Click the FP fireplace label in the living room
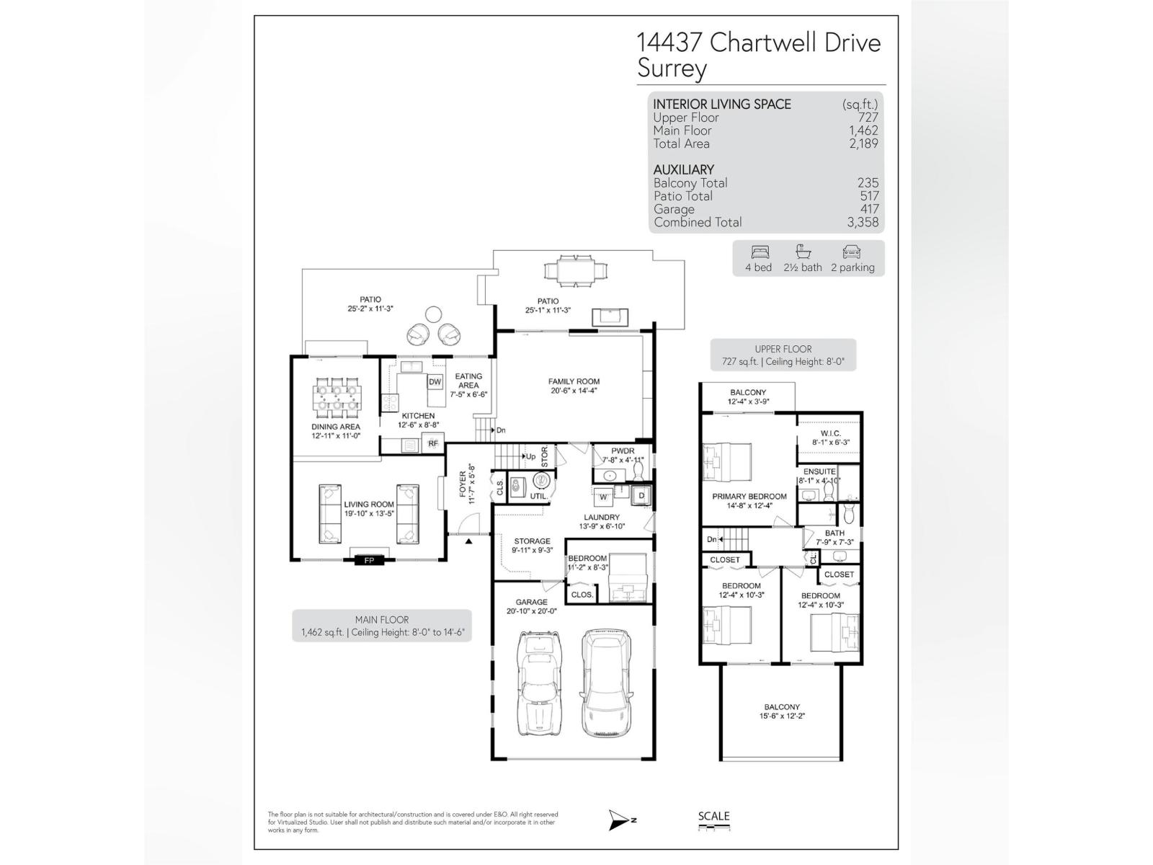[369, 560]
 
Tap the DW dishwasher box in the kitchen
[435, 382]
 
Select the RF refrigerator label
[433, 444]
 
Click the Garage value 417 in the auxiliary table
[869, 209]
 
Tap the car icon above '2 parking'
[852, 252]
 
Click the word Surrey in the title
[672, 69]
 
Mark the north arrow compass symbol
[618, 820]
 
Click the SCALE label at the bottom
[713, 817]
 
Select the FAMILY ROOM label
[574, 381]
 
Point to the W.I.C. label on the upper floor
[831, 433]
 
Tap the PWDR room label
[622, 451]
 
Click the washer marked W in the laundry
[603, 496]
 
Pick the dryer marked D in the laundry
[641, 496]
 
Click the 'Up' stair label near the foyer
[530, 456]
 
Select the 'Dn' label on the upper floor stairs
[712, 539]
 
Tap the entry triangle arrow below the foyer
[468, 541]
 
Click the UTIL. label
[538, 496]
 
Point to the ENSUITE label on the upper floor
[819, 471]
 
